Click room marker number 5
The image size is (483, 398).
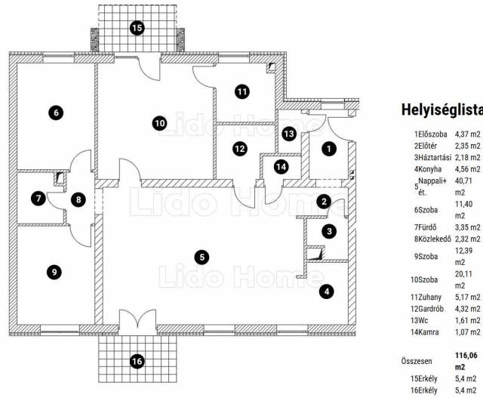click(201, 257)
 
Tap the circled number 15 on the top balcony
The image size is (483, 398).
click(137, 28)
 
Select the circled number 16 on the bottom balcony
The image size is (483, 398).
click(137, 361)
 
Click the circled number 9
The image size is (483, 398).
click(53, 271)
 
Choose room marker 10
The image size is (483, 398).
click(158, 122)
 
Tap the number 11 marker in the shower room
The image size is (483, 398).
click(241, 92)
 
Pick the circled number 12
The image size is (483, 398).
click(239, 149)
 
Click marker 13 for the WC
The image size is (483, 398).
click(289, 133)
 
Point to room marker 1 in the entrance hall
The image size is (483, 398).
click(328, 149)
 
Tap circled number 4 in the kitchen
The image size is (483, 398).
click(327, 290)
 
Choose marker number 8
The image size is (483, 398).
click(78, 199)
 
